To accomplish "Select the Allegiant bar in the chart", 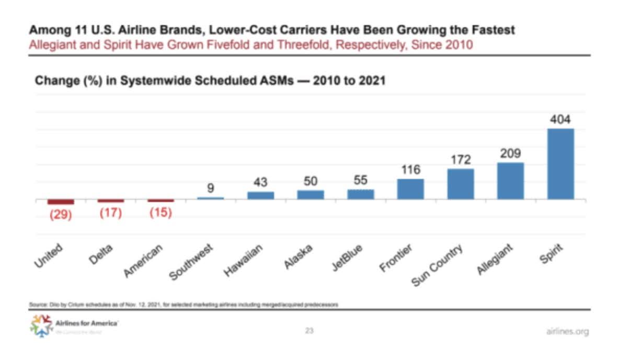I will point(510,181).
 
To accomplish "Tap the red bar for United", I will point(61,202).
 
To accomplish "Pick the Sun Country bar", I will point(461,184).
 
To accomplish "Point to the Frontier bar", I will point(410,189).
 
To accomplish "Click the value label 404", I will point(560,119).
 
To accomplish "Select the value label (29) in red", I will point(61,215).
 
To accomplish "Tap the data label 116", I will point(411,170).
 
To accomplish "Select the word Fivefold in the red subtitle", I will point(231,44).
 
